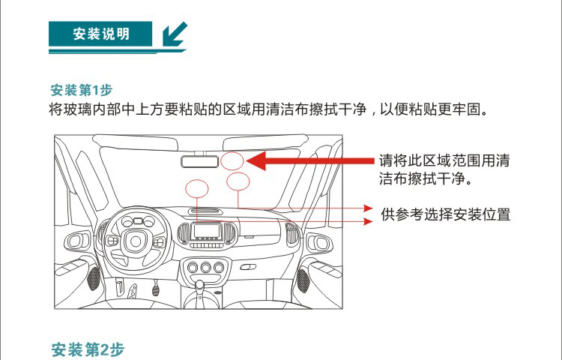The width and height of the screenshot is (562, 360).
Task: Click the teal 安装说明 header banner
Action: click(100, 34)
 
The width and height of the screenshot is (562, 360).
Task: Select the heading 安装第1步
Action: click(82, 90)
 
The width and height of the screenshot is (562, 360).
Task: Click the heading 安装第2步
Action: click(88, 349)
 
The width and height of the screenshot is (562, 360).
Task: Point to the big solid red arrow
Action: click(310, 161)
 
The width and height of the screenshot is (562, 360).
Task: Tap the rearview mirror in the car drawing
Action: click(199, 161)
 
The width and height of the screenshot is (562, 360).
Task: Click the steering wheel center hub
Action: click(136, 241)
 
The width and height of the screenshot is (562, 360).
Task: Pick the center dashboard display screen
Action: click(206, 231)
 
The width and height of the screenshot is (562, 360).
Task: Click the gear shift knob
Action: click(199, 285)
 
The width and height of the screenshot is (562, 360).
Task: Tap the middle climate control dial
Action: click(206, 267)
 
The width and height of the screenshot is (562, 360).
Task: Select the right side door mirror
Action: click(320, 243)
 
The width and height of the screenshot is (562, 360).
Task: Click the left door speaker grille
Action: click(93, 278)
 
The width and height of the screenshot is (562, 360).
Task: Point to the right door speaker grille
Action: click(303, 280)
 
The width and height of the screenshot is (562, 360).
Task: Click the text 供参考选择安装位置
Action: click(446, 214)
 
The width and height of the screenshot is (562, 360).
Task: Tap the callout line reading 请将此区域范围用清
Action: click(444, 160)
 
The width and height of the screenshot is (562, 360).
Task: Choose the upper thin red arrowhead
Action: click(368, 208)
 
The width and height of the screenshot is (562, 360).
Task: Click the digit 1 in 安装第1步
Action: click(95, 90)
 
